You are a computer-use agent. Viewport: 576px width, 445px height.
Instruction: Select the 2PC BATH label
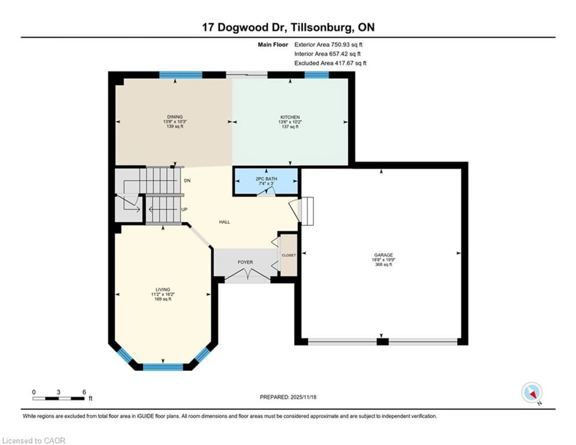point(266,179)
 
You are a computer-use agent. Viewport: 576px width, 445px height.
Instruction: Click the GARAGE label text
point(383,255)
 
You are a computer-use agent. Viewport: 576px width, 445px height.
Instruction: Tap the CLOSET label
point(289,255)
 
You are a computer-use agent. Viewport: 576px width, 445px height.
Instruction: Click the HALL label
point(224,222)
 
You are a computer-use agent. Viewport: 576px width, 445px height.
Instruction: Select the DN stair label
point(187,180)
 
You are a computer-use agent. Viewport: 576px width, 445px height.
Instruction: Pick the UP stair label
point(184,209)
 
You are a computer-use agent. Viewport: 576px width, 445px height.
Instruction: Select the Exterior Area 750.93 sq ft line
point(328,45)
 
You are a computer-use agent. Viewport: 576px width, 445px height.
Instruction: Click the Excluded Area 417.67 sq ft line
point(330,63)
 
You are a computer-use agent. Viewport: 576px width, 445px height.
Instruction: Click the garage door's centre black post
point(382,342)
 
